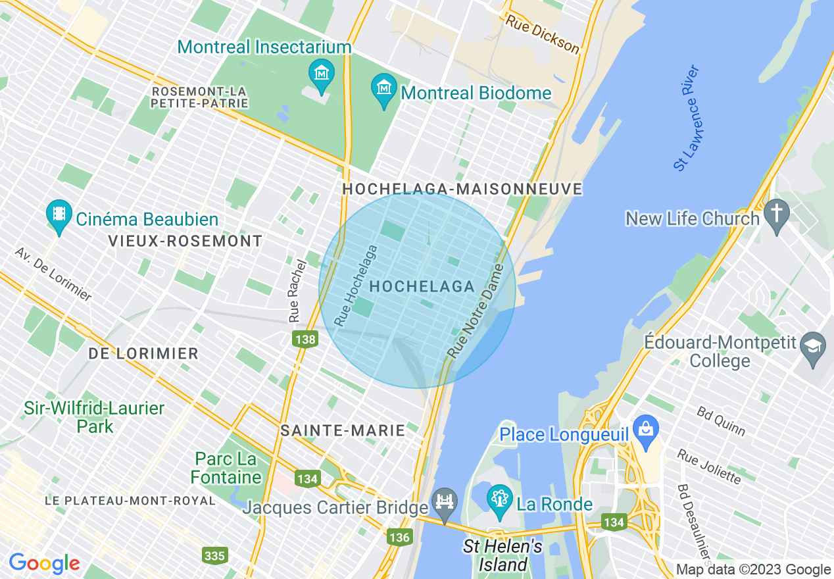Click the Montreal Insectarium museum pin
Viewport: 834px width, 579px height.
(x=322, y=74)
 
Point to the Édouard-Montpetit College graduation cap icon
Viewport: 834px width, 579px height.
(x=813, y=346)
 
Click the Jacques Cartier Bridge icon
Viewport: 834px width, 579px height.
(x=445, y=502)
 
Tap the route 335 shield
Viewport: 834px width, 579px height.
(x=215, y=556)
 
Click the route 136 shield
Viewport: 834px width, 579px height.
(x=399, y=538)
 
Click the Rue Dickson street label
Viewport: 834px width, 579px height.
(x=543, y=35)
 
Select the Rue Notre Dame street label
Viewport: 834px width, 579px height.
(x=476, y=311)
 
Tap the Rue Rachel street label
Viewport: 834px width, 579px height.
(x=297, y=290)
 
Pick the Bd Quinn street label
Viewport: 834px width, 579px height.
(x=721, y=421)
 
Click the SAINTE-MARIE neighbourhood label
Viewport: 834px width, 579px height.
(x=342, y=431)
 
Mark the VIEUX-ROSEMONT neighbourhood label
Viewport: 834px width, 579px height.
(x=185, y=241)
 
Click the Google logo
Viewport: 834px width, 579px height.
(x=44, y=563)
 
